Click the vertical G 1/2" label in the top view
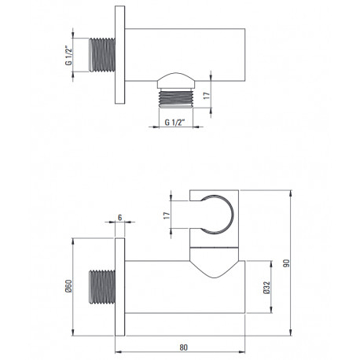[x=68, y=55]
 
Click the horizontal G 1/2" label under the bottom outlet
[x=175, y=123]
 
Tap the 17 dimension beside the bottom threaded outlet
[x=207, y=95]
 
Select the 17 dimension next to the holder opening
[x=167, y=215]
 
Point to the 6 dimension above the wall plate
[x=120, y=218]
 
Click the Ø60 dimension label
[x=68, y=286]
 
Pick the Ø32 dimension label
[x=266, y=288]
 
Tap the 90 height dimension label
[x=287, y=263]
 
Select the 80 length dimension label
[x=184, y=347]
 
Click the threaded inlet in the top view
[x=101, y=55]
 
